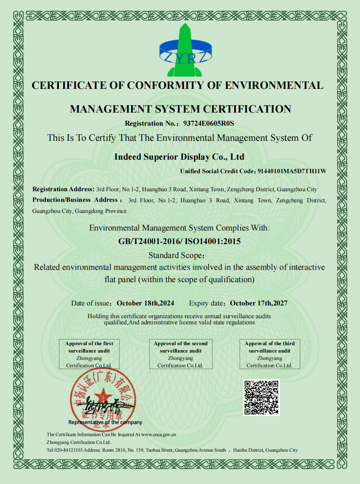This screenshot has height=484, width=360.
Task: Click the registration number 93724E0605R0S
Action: coord(209,123)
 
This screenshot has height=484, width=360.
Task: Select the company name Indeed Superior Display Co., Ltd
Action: coord(179,157)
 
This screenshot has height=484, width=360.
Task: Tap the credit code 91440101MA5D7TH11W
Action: coord(292,171)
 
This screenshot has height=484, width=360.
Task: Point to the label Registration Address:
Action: coord(63,189)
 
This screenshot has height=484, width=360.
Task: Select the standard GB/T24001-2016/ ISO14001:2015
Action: coord(179,241)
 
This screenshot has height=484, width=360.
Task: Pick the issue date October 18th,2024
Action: coord(146,303)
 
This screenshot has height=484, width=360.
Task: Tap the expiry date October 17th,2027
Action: coord(259,303)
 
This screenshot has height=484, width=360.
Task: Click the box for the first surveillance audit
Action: coord(89,354)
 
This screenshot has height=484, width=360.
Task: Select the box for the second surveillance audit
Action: coord(180,354)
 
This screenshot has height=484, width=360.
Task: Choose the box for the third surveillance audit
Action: coord(270,354)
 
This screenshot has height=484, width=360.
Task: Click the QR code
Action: coord(261,397)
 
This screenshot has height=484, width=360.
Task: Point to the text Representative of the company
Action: coord(105,422)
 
